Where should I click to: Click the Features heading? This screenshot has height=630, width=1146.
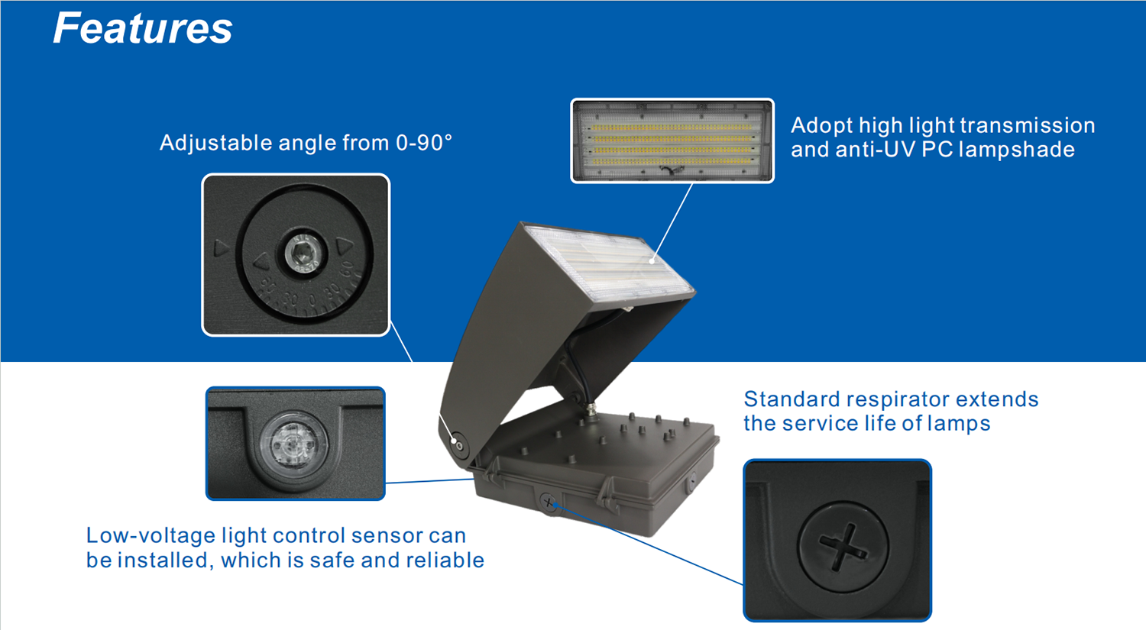[142, 29]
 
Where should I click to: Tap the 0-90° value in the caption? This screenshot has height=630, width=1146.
[423, 143]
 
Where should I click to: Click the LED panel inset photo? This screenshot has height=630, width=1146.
[672, 141]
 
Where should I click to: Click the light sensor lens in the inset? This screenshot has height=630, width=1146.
[294, 442]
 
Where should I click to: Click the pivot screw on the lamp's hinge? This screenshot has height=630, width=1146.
[458, 444]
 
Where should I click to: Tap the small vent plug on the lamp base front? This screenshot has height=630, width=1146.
[548, 502]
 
